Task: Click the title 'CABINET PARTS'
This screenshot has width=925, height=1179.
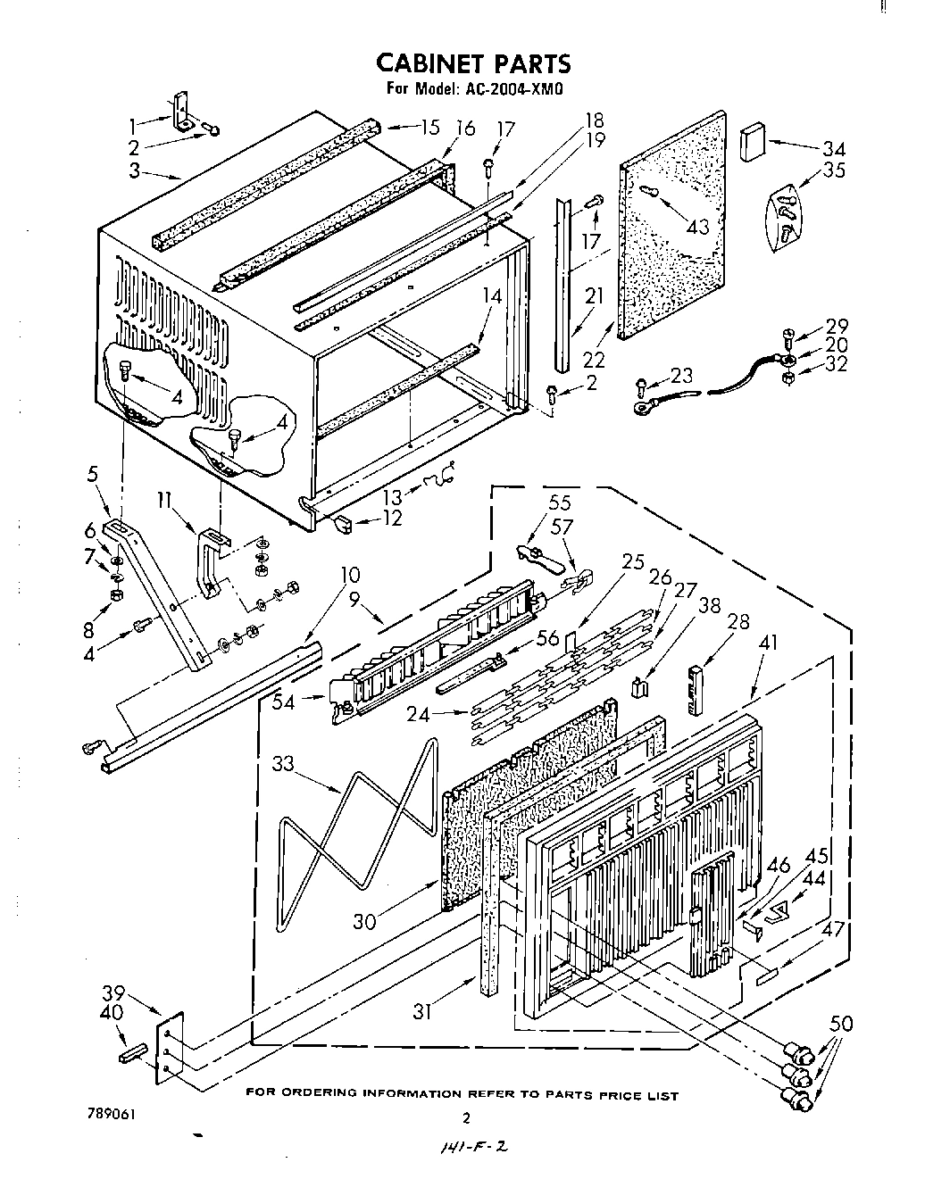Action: coord(472,63)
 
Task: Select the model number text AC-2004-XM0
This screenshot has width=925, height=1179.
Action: coord(511,88)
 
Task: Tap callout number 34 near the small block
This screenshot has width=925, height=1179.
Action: coord(833,148)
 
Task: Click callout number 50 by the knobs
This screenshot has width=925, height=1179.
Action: coord(840,1024)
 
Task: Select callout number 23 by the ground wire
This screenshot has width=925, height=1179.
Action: coord(681,376)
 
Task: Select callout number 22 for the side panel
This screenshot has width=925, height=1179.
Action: coord(594,359)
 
